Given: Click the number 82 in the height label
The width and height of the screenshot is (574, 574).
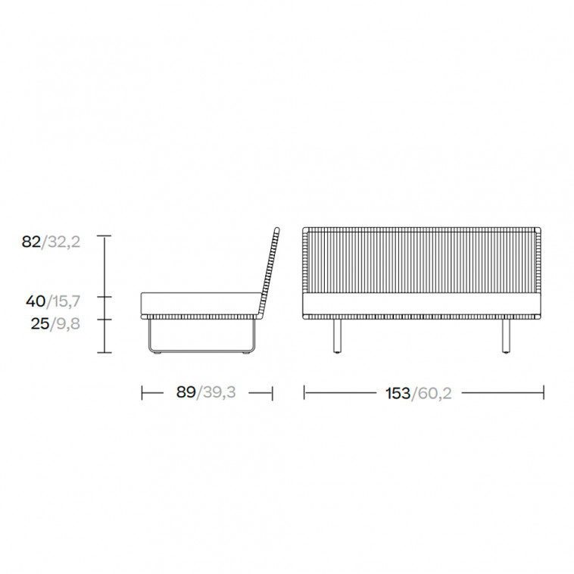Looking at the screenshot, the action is click(x=31, y=242).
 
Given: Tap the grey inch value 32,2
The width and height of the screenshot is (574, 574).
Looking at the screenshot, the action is click(x=64, y=242).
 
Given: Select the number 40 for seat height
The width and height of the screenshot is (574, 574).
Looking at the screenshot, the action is click(x=36, y=301).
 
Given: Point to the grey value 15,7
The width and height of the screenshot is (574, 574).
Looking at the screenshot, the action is click(x=66, y=301).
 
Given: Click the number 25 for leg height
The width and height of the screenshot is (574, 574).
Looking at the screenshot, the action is click(x=40, y=324).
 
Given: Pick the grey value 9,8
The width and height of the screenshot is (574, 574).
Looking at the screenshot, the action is click(x=68, y=324).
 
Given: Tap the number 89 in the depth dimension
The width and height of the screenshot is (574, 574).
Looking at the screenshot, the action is click(x=186, y=392).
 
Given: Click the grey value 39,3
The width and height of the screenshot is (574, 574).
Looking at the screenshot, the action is click(x=220, y=392).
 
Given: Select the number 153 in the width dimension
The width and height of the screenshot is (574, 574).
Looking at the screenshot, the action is click(x=398, y=394).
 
